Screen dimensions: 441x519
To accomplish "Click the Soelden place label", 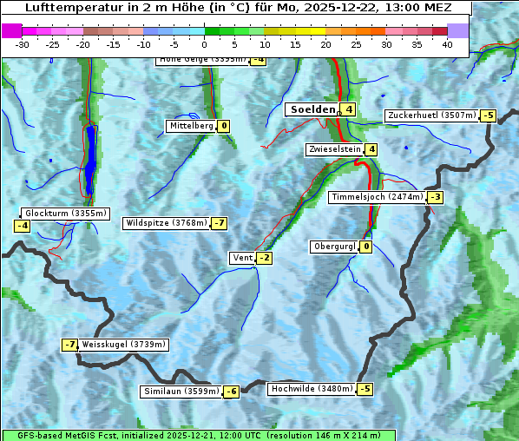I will [x=311, y=109].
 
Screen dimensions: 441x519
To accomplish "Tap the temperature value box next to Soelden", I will [x=348, y=109].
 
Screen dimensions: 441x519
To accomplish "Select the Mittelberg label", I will [x=191, y=126].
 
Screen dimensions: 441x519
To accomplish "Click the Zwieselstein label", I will [x=334, y=149].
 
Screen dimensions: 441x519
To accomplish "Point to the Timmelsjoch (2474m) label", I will [x=378, y=197].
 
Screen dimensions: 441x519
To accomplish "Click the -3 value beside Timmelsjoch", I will [x=435, y=197].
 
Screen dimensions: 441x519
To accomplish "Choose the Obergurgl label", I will [x=334, y=247].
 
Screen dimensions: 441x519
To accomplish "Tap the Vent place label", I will [x=243, y=258].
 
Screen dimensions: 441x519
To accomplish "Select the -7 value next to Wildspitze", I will [x=219, y=223].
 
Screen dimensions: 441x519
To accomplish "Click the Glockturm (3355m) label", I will [x=65, y=214].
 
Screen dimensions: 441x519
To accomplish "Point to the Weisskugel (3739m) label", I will [x=123, y=345].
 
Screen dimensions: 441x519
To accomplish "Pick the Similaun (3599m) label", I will [x=181, y=392].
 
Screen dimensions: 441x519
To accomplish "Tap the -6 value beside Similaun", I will [x=231, y=392].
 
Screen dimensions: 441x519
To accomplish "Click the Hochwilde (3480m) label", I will [x=312, y=389].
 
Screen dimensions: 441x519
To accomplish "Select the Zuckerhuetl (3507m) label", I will [x=431, y=115].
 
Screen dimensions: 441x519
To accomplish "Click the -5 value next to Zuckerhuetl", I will [x=488, y=115].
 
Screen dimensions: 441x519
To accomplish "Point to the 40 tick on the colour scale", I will [x=447, y=43].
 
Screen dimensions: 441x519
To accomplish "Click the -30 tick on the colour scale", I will [x=23, y=43].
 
